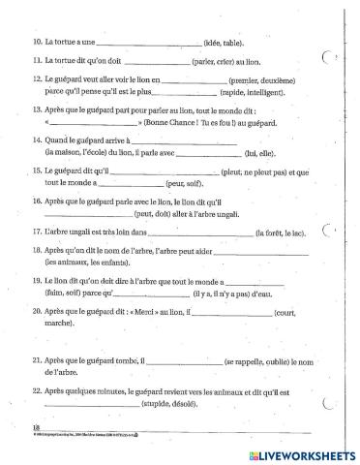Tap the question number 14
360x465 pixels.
coord(36,141)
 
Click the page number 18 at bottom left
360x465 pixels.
coord(36,426)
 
